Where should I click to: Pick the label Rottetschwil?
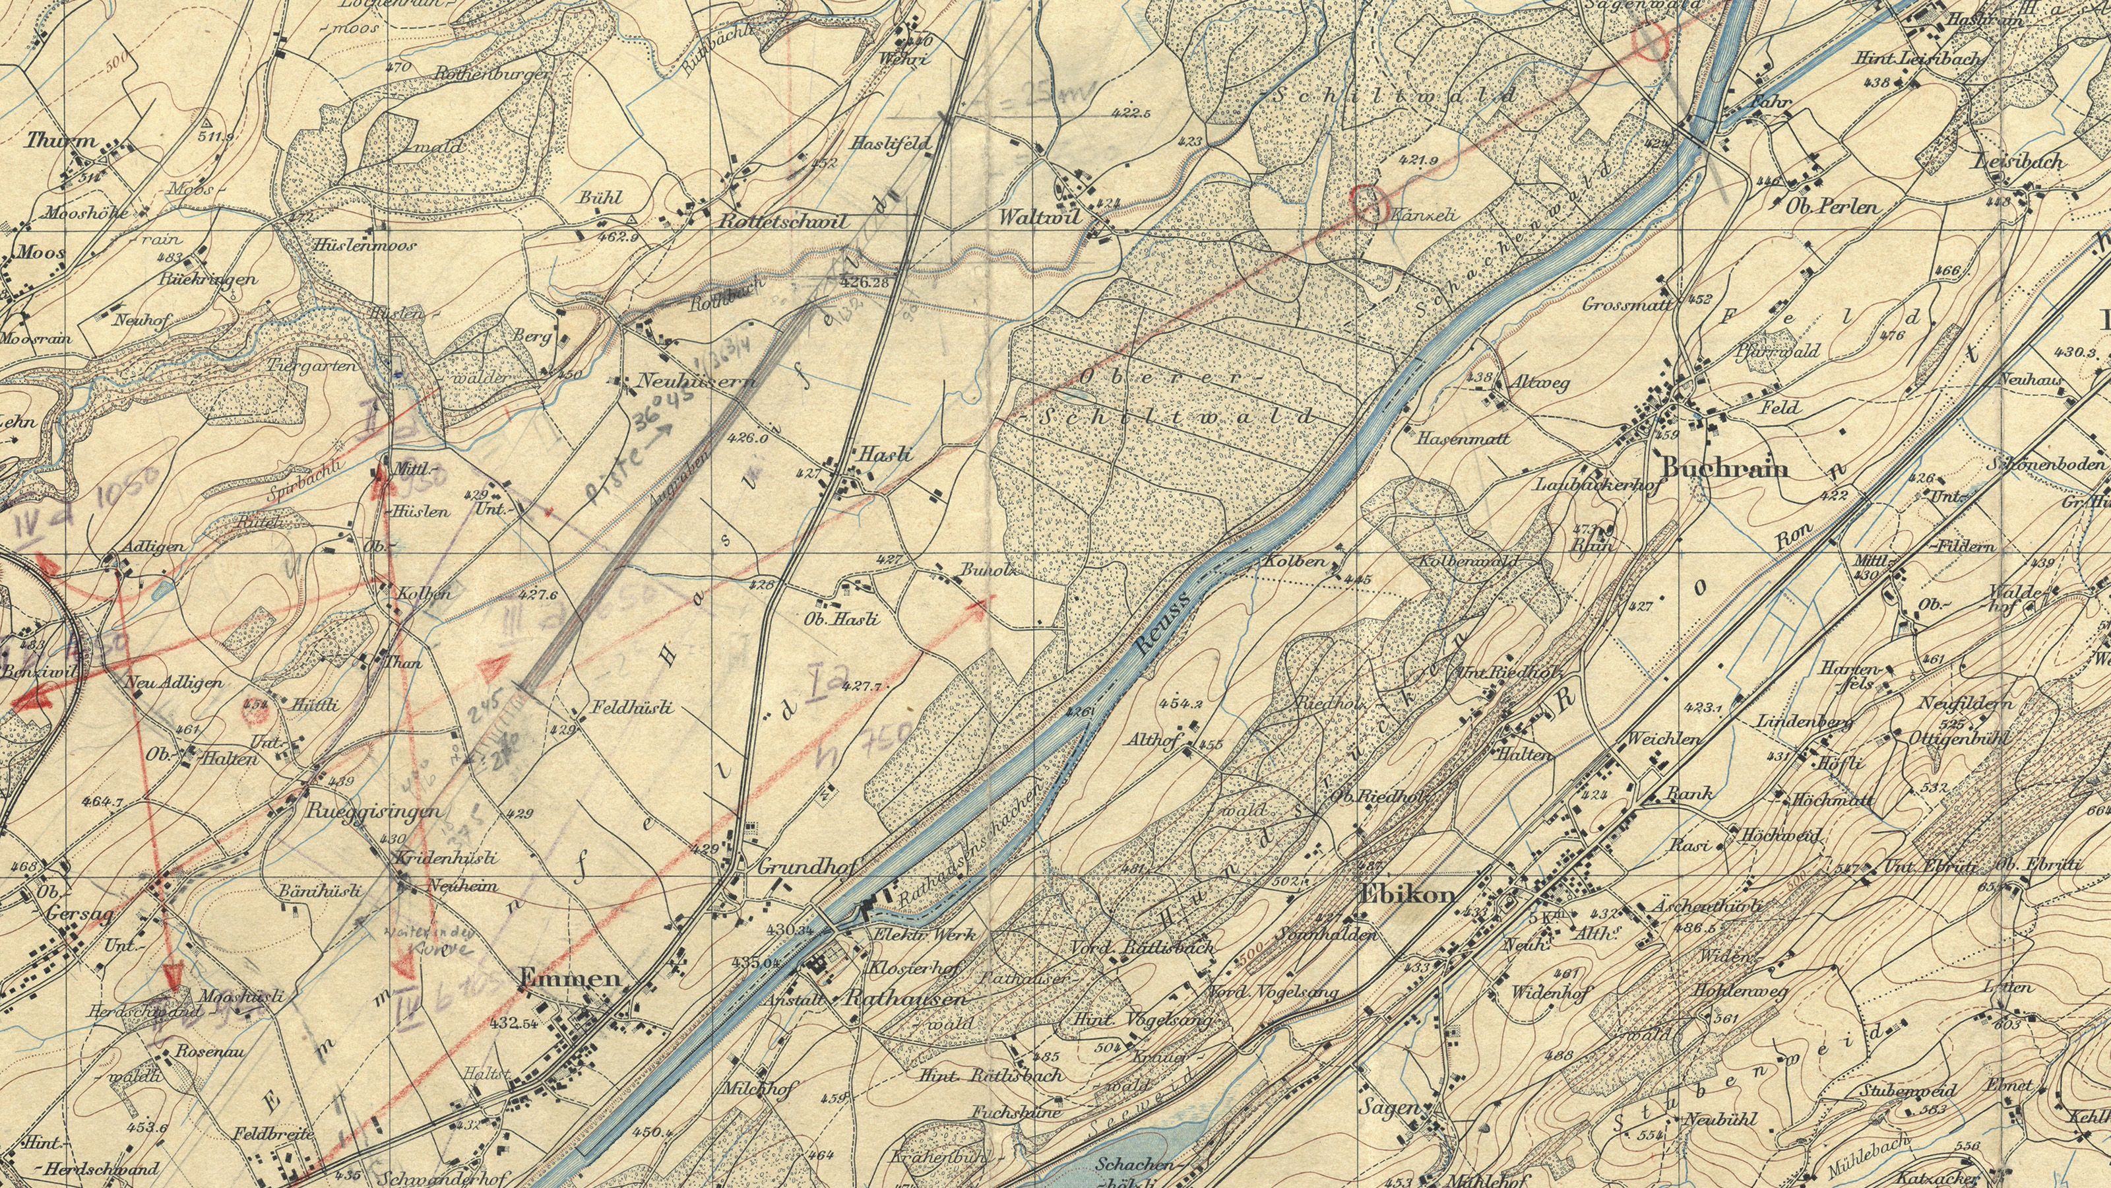click(x=784, y=221)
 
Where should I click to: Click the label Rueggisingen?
click(x=373, y=812)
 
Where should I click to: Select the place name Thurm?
click(x=61, y=141)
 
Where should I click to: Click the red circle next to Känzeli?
click(x=1367, y=202)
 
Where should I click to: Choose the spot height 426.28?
click(x=865, y=282)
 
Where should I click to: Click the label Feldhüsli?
click(x=634, y=708)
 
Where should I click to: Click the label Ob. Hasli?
click(x=842, y=619)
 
